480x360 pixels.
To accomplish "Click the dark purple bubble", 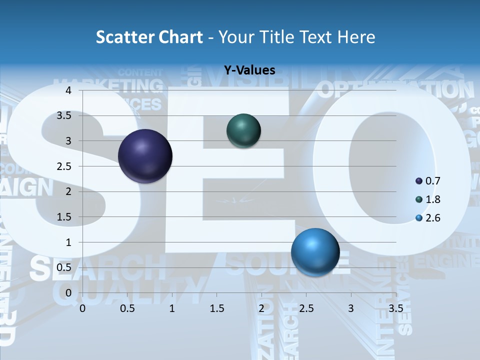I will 145,156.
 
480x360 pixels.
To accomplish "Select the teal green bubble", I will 243,131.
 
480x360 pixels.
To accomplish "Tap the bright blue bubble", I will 315,252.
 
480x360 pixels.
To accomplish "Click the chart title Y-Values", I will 249,70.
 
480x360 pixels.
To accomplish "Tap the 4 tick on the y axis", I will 68,90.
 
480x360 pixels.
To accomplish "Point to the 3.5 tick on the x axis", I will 395,308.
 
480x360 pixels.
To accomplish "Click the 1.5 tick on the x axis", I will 216,308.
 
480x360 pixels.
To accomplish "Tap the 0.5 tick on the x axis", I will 127,308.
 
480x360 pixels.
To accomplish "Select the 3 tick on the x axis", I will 350,308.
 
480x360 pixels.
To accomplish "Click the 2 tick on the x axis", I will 261,308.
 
